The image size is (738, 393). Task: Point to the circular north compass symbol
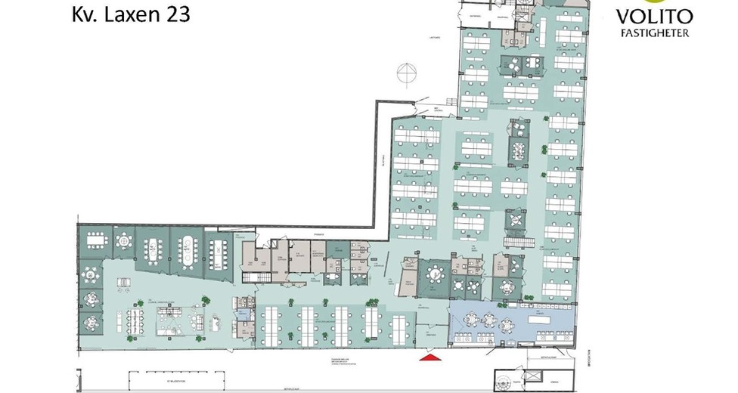point(407,73)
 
